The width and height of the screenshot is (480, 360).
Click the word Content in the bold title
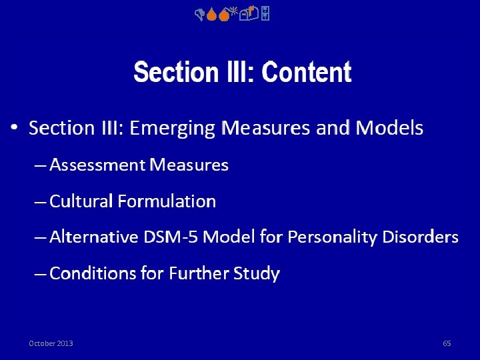(x=307, y=73)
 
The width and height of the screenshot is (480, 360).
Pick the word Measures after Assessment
(x=189, y=165)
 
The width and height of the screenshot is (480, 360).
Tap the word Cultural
(x=81, y=201)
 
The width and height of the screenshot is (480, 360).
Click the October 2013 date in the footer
(x=51, y=343)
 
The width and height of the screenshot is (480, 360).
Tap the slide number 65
(x=447, y=343)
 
